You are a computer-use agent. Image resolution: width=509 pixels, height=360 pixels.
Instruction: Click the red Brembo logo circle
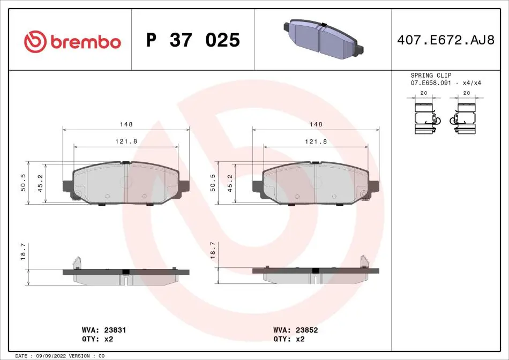coord(35,42)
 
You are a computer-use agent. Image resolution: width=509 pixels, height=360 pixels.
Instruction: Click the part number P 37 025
coord(193,40)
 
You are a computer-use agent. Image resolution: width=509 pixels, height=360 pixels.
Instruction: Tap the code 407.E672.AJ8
coord(446,40)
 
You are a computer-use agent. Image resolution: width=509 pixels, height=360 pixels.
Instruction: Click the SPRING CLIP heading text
coord(431,76)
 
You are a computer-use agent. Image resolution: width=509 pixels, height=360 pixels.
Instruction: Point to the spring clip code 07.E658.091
coord(431,83)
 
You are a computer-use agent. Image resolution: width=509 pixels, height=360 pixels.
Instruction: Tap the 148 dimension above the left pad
coord(126,124)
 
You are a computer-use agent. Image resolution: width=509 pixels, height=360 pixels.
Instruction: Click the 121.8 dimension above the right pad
coord(316,141)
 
